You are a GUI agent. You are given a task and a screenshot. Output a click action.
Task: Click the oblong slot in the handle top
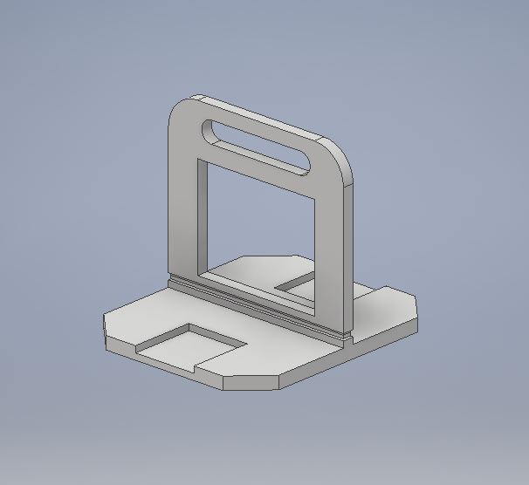(258, 144)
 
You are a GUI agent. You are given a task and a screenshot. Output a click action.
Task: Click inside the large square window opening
(258, 222)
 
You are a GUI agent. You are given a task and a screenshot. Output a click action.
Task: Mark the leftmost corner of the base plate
(105, 318)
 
